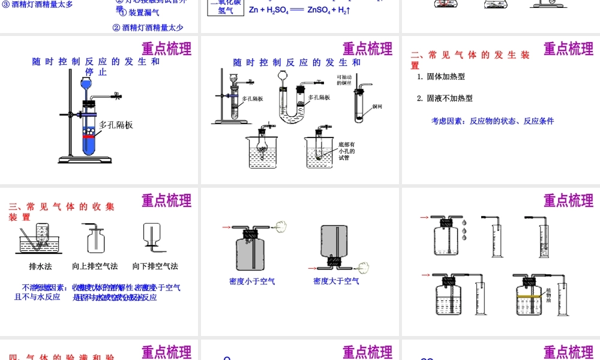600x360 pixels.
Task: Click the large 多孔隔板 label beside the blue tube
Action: click(x=116, y=125)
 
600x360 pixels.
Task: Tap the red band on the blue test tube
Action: click(x=89, y=137)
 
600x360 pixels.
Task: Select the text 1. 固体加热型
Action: click(x=441, y=77)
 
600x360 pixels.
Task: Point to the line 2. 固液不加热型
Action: click(x=445, y=98)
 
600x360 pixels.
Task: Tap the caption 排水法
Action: click(x=40, y=266)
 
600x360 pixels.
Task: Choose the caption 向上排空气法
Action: click(x=95, y=266)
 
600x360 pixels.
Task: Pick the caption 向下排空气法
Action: click(x=155, y=266)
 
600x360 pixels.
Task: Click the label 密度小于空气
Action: click(x=252, y=281)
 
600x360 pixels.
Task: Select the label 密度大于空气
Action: click(x=336, y=281)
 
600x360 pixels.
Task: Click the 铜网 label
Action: click(x=377, y=107)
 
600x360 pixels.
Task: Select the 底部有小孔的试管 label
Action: click(x=347, y=151)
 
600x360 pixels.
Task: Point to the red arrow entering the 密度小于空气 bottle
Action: click(x=226, y=227)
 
